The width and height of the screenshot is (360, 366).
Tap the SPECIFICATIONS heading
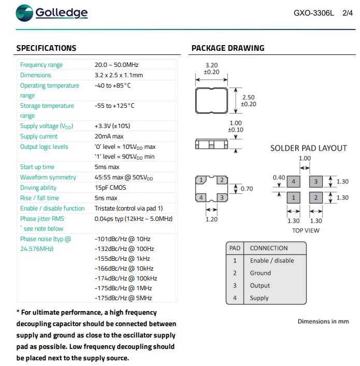pos(46,48)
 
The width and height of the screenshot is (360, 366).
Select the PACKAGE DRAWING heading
pos(228,48)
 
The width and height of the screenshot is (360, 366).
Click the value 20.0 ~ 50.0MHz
pos(117,65)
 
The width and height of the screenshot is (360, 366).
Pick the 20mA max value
pos(109,136)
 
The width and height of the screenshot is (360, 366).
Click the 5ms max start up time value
pos(107,167)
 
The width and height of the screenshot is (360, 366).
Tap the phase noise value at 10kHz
pos(124,269)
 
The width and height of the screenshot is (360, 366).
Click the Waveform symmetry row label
pos(48,177)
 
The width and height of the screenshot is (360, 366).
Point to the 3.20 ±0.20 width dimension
pos(211,69)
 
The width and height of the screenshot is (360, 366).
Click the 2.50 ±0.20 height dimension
pos(249,101)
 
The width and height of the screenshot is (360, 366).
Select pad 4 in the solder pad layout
pos(294,181)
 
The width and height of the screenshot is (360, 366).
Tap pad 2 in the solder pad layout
pos(315,198)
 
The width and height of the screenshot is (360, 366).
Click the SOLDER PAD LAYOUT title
pos(309,148)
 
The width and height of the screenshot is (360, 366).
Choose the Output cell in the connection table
pos(260,286)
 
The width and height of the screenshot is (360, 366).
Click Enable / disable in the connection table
pos(271,261)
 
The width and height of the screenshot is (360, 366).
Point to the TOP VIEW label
pos(306,230)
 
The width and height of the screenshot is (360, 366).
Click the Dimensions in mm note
pos(323,321)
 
